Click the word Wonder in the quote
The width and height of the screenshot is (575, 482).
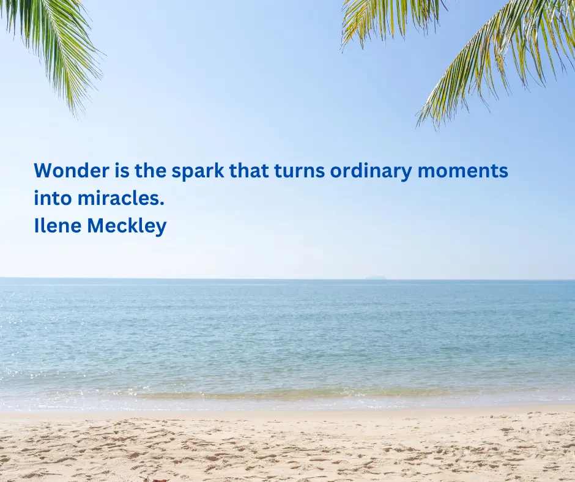[x=72, y=171]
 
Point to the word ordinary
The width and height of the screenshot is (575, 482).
[x=371, y=172]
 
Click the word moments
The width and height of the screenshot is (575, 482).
[x=463, y=171]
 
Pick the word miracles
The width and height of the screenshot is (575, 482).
[x=121, y=198]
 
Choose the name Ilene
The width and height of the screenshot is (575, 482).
[x=57, y=225]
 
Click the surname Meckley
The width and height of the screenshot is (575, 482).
[x=127, y=226]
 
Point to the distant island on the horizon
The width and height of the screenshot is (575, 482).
[x=376, y=278]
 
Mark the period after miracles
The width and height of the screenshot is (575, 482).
[x=162, y=204]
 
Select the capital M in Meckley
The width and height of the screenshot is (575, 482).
[x=96, y=226]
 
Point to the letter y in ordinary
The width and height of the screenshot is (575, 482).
[x=407, y=174]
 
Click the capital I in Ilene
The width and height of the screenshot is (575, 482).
[x=36, y=226]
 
